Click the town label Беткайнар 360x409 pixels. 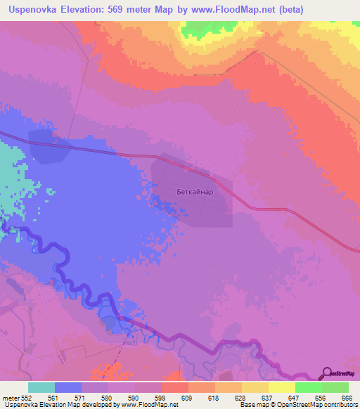point(194,190)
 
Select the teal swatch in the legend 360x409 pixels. point(41,387)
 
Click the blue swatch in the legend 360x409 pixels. point(68,387)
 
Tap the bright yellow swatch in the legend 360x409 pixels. point(281,387)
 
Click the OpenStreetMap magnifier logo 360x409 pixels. point(326,373)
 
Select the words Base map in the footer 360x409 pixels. point(252,405)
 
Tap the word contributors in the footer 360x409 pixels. point(342,405)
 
